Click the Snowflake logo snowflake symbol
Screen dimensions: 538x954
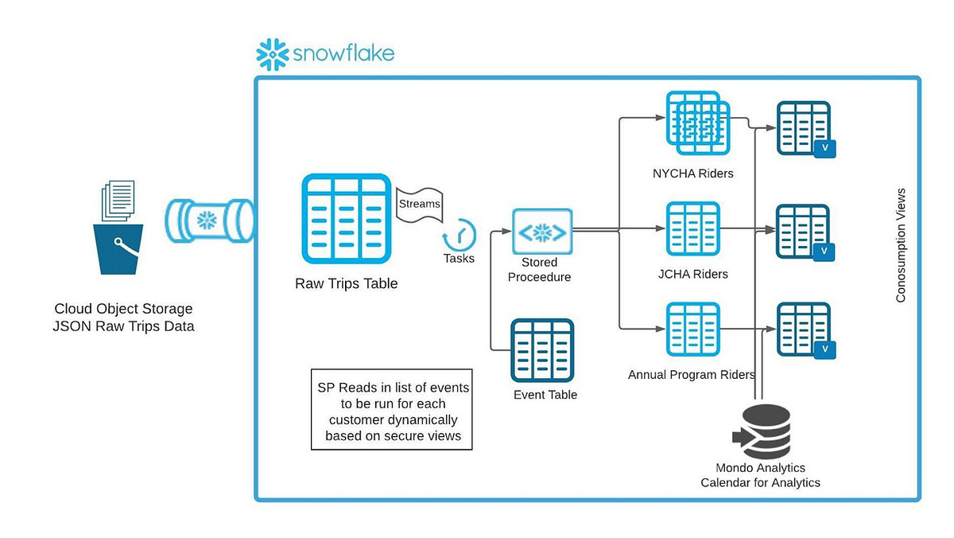273,55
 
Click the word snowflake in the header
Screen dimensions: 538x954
343,55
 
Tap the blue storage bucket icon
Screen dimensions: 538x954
119,248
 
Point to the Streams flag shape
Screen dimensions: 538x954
418,205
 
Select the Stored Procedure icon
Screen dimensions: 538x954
542,232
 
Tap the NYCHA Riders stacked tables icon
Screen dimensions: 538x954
696,123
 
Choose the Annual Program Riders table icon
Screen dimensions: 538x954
693,329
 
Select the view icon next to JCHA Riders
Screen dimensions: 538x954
805,232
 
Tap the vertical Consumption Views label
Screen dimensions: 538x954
901,245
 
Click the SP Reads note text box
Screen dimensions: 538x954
391,409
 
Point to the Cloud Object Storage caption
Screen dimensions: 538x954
123,317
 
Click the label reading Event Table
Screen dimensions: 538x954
545,395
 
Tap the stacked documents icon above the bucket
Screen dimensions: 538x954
118,202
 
